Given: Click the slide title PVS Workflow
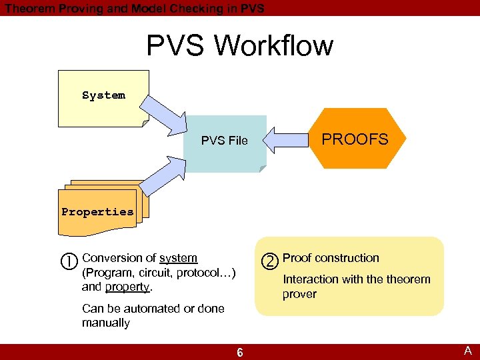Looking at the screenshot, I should tap(239, 46).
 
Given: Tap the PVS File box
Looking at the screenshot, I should tap(225, 141).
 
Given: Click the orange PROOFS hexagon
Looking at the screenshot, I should tap(355, 139).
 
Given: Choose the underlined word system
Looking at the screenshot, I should tap(178, 258).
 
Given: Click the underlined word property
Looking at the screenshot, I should tap(127, 287).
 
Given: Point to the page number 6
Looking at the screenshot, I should tap(239, 352).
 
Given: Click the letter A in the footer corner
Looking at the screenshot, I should tap(468, 351).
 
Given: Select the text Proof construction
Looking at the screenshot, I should tap(331, 258).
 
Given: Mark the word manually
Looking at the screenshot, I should tap(106, 323).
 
